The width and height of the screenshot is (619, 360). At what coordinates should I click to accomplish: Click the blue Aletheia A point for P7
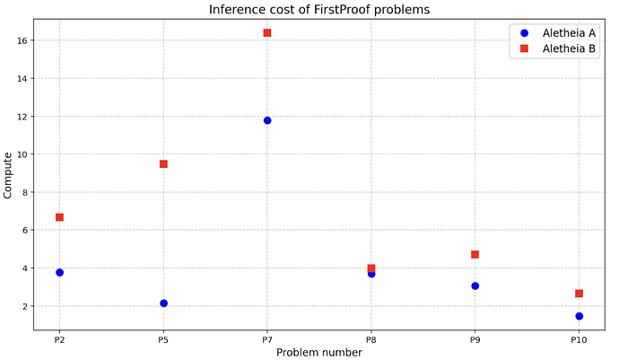coord(267,120)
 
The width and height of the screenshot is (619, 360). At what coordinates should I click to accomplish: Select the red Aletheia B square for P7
coord(267,33)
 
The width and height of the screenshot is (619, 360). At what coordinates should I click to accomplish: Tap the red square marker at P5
coord(163,164)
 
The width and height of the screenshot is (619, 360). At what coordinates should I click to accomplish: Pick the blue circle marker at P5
coord(163,303)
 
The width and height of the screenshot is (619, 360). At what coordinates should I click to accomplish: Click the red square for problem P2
coord(59,217)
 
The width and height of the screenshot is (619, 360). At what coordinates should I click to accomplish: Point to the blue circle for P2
coord(59,272)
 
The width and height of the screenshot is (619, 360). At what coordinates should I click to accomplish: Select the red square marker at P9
coord(475,255)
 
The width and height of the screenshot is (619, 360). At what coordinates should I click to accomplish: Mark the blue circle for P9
coord(475,285)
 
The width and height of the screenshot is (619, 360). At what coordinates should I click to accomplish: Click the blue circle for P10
coord(579,316)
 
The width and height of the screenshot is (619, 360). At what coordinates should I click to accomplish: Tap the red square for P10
coord(579,294)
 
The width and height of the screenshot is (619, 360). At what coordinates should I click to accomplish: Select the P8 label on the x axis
coord(371,339)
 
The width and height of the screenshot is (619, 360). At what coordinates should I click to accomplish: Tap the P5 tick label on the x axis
coord(163,339)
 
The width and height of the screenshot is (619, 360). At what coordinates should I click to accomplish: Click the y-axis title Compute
coord(8,175)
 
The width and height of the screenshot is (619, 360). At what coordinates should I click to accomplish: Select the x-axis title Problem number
coord(318,353)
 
